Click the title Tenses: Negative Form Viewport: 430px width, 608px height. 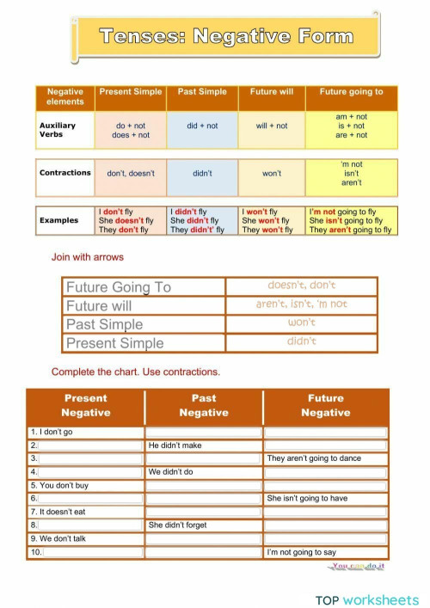226,36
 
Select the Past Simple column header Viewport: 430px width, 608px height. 202,92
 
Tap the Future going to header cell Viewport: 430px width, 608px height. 351,92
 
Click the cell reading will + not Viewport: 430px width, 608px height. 272,126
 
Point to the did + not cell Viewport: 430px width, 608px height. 202,126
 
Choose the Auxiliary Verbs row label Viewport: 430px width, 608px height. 58,129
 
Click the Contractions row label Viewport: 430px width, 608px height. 64,173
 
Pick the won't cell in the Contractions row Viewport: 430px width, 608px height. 272,173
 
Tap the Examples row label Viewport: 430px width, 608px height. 58,220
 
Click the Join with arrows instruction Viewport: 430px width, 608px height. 88,257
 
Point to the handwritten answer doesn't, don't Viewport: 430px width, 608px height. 301,286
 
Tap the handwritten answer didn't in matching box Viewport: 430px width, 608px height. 301,341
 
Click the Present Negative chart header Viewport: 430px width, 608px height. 86,405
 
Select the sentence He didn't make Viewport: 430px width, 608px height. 175,445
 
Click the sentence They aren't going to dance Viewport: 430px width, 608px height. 314,458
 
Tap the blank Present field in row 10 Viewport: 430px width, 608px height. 91,552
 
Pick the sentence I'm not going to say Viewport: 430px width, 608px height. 302,552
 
